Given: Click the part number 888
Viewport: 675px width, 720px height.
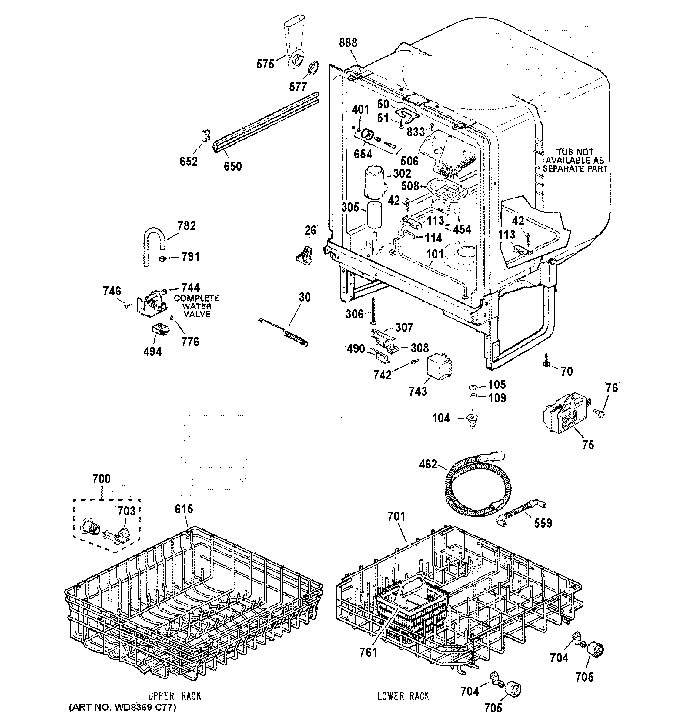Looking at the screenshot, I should coord(348,43).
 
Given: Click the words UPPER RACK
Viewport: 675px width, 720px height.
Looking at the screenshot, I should coord(174,696).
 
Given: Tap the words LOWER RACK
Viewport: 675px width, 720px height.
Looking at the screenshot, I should coord(403,696).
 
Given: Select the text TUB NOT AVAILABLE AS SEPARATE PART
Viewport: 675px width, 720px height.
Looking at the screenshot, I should coord(575,160).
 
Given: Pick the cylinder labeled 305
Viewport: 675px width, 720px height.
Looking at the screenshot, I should coord(374,215).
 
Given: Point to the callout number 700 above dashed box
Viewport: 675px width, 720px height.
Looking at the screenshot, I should coord(102,479).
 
